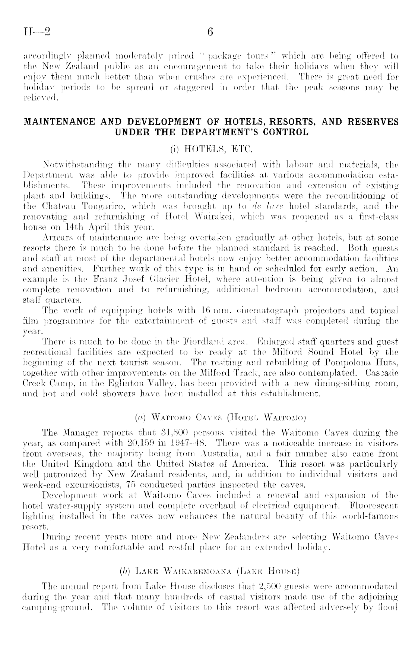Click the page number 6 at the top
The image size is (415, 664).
click(x=210, y=32)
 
